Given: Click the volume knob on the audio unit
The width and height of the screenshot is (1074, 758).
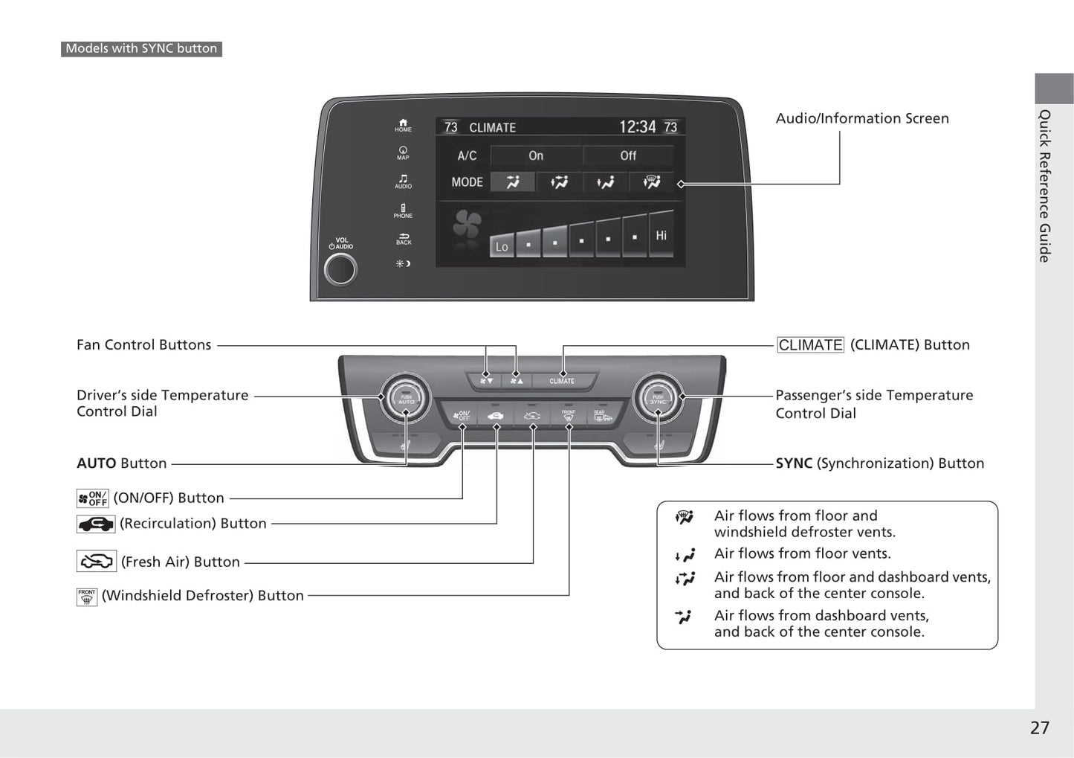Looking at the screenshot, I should [340, 270].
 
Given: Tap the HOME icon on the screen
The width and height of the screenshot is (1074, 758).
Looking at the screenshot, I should [403, 125].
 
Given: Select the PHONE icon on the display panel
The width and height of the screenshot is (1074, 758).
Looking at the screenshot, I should [403, 211].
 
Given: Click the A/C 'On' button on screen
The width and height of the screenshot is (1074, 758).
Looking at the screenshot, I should [536, 155].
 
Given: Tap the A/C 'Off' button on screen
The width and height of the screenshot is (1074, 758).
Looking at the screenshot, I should [628, 155].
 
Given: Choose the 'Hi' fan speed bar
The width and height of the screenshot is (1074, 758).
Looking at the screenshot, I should [661, 235].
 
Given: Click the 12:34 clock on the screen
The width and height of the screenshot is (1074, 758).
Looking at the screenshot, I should [638, 127].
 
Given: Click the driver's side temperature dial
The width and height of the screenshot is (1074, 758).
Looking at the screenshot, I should [406, 398].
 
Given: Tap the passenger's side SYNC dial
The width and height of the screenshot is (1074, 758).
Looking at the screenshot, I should [658, 398].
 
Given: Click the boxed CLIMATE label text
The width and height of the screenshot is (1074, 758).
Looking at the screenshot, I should [810, 345].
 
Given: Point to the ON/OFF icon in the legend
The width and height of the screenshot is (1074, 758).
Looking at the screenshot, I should [93, 498].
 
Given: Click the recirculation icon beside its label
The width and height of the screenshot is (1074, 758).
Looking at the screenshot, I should [96, 524].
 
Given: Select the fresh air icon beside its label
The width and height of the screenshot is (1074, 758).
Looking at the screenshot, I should [97, 562].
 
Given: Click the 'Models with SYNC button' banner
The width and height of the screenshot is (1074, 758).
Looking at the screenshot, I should [141, 48].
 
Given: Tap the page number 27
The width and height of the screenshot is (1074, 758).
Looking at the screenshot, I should [1039, 728].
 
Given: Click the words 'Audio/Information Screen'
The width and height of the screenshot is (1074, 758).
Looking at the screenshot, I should [862, 118].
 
